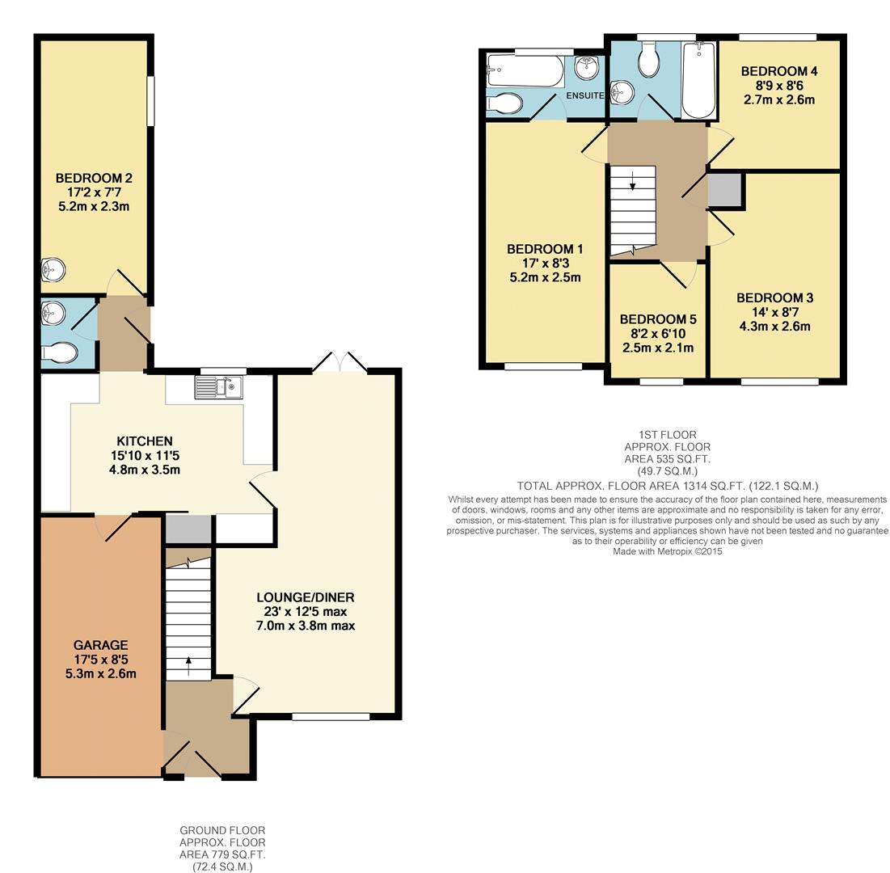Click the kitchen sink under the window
tap(219, 389)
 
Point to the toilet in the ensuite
tap(506, 103)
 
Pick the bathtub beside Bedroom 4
tap(698, 81)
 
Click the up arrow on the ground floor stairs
tap(189, 664)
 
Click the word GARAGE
tap(101, 645)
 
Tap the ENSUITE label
tap(584, 95)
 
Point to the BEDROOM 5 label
tap(653, 319)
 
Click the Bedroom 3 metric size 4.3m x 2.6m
tap(775, 327)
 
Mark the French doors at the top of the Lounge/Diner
tap(340, 363)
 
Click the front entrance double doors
tap(192, 759)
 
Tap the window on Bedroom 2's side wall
tap(150, 101)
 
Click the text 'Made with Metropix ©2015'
tap(667, 551)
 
